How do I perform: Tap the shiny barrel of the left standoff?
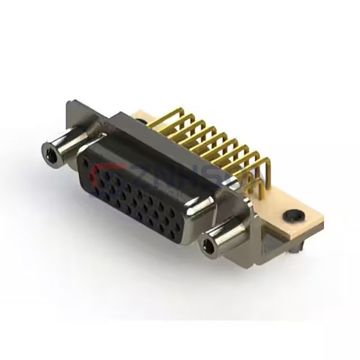coord(62,146)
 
